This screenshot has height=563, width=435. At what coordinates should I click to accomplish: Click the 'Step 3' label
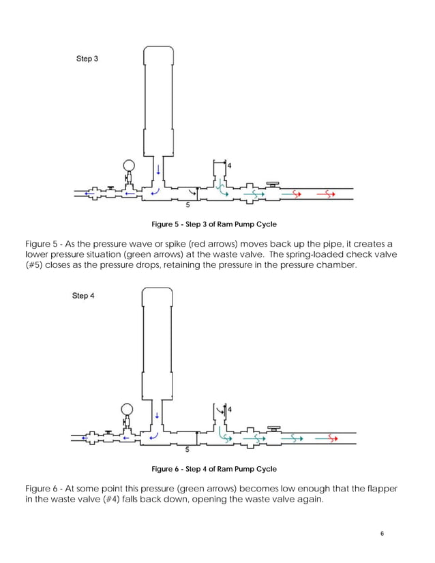point(87,59)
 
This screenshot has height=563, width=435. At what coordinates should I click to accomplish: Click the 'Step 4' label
point(83,296)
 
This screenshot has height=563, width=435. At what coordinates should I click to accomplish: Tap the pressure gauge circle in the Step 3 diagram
point(128,165)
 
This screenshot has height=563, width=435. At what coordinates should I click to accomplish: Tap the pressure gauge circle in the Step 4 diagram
point(126,410)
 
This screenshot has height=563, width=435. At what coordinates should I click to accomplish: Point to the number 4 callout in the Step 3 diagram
point(229,166)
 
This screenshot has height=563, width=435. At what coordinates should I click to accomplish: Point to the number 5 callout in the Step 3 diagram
point(188,204)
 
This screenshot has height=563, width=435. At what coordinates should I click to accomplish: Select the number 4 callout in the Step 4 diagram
point(229,409)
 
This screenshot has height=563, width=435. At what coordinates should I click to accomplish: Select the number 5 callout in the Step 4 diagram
point(187,449)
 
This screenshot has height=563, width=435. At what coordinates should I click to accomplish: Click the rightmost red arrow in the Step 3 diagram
point(327,194)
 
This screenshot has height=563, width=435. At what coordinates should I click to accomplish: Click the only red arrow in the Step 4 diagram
point(327,438)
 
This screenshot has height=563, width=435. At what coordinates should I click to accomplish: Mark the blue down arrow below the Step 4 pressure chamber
point(158,414)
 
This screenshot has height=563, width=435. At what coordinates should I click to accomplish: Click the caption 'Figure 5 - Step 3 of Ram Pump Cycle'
point(213,224)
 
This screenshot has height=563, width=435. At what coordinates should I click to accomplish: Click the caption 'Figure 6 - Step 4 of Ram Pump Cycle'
point(213,469)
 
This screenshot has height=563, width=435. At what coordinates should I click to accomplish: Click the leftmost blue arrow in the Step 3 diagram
point(88,194)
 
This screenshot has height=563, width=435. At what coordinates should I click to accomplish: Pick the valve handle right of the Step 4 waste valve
point(273,429)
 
